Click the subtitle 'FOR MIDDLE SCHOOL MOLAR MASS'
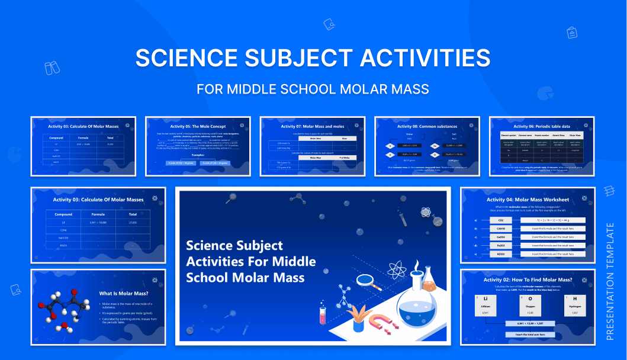[x=313, y=89]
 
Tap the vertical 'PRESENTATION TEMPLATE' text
[x=610, y=281]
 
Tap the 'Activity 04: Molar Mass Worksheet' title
[x=527, y=200]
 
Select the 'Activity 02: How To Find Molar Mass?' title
[x=528, y=279]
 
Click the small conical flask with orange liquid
[x=429, y=281]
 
